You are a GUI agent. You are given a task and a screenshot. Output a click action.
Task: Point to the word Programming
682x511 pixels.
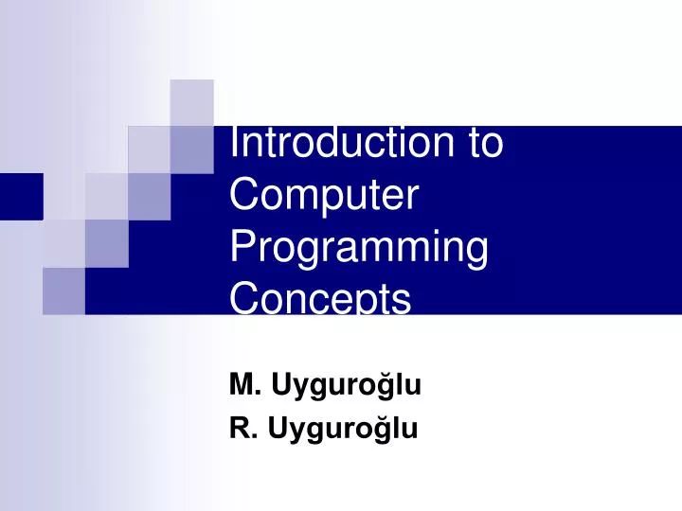pos(359,250)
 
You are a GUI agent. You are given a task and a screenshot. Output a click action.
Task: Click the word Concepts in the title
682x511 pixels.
pos(320,298)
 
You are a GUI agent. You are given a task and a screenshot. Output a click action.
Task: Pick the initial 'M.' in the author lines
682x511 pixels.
pos(244,384)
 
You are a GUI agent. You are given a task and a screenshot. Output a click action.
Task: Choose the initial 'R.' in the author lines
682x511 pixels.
pos(243,430)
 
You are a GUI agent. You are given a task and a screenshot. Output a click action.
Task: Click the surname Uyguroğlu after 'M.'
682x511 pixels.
pos(346,385)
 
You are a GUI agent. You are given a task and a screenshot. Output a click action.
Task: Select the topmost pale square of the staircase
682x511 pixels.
pos(191,102)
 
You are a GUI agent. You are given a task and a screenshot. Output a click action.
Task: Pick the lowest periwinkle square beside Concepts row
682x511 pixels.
pos(63,290)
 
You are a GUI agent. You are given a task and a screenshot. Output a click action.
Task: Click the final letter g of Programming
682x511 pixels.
pos(476,254)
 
